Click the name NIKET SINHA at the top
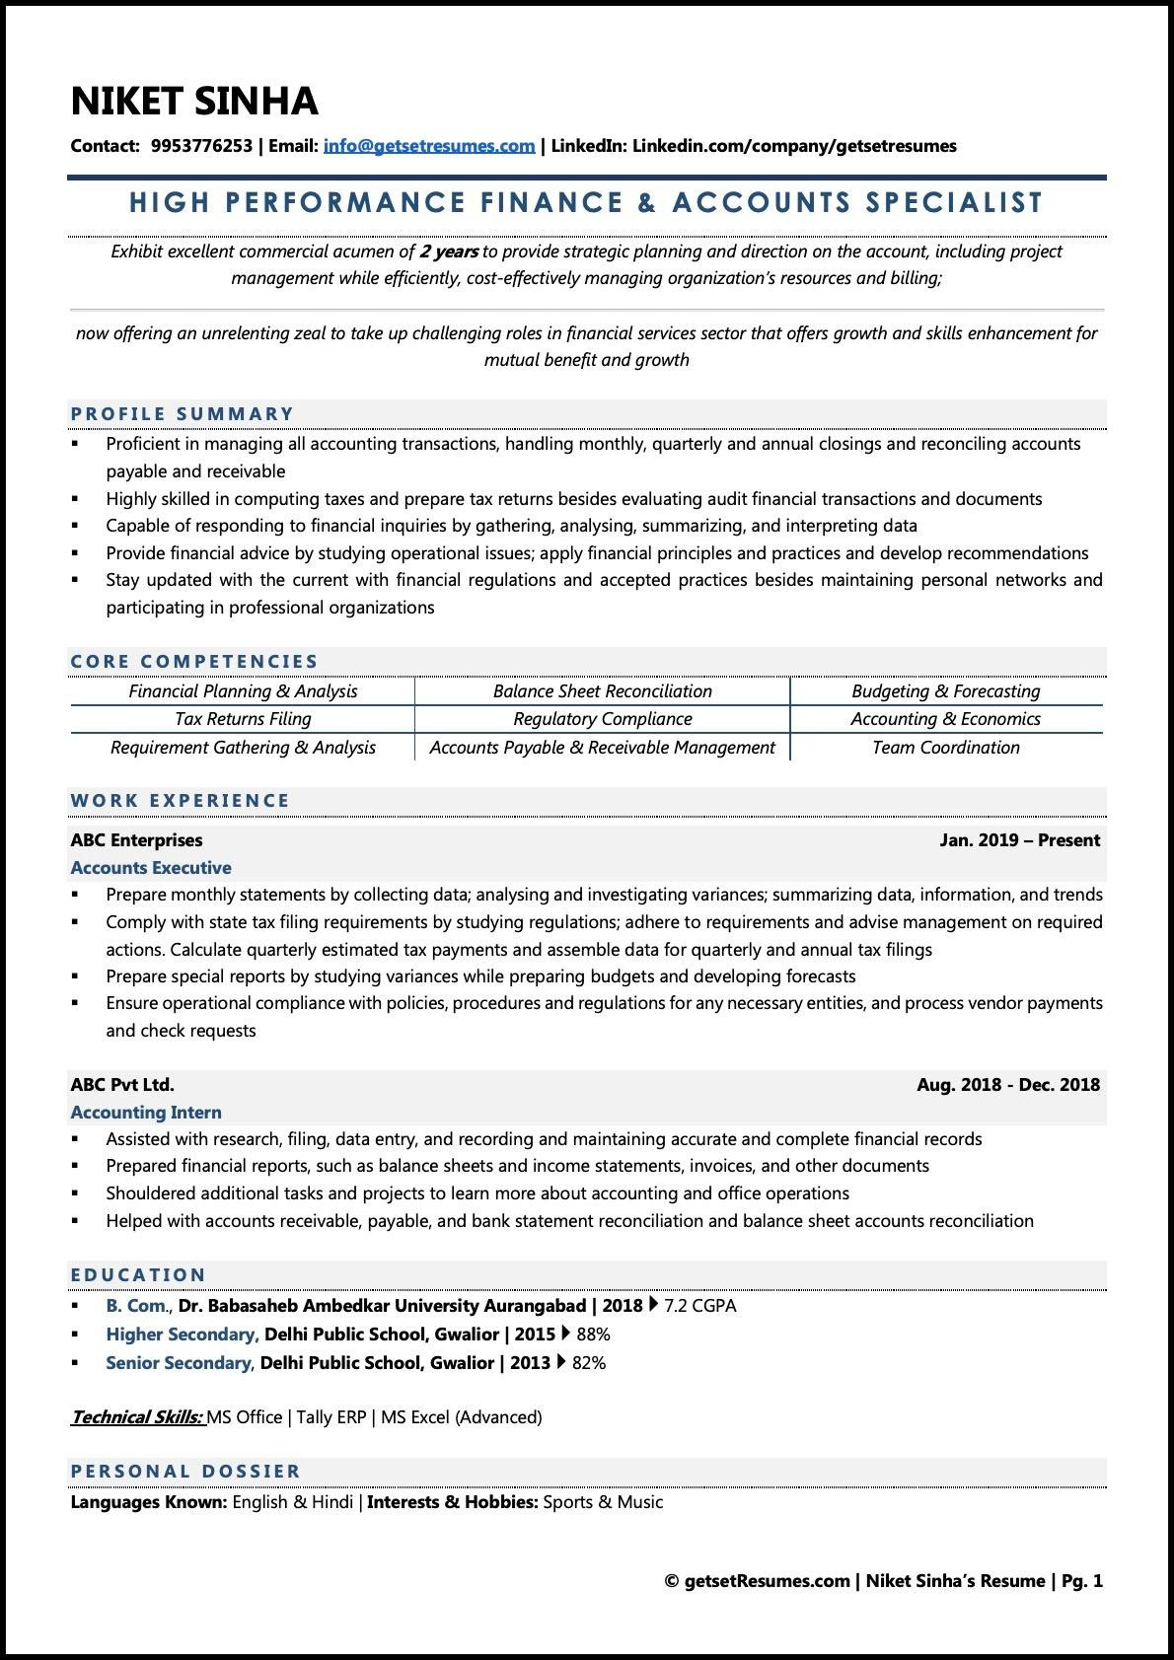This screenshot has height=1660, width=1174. click(x=194, y=102)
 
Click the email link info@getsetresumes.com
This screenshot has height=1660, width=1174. click(x=428, y=146)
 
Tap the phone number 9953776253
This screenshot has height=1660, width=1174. click(x=201, y=146)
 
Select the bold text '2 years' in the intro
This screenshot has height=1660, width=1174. click(x=449, y=252)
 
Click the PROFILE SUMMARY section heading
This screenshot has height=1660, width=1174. click(x=183, y=414)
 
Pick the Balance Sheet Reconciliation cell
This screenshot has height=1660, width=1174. click(x=602, y=691)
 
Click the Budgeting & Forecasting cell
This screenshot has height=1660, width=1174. click(x=945, y=691)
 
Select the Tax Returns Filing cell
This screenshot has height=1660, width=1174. click(x=243, y=719)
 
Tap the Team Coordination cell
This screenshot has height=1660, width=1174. click(x=945, y=748)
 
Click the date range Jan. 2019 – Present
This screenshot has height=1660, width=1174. click(x=1019, y=840)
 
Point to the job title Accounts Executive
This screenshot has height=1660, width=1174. click(x=151, y=868)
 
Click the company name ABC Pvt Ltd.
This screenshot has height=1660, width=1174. click(x=122, y=1085)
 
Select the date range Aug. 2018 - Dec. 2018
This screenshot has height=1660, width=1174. click(x=1007, y=1085)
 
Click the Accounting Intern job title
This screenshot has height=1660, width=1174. click(x=146, y=1113)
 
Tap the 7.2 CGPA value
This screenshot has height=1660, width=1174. click(x=699, y=1306)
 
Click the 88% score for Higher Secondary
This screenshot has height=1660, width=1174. click(x=592, y=1335)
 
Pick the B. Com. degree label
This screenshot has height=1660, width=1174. click(x=137, y=1306)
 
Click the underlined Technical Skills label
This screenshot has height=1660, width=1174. click(x=137, y=1417)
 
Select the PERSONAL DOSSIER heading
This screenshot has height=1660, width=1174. click(x=185, y=1472)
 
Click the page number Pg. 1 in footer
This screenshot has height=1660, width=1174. click(x=1082, y=1581)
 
